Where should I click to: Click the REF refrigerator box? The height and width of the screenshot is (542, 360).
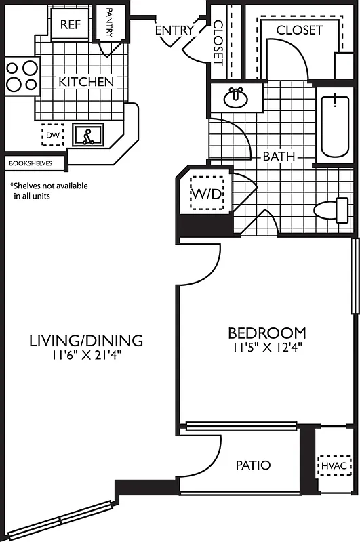(x=71, y=25)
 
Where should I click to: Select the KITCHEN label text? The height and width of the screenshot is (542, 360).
(x=86, y=81)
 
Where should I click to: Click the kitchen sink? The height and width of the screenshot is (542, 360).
(x=87, y=135)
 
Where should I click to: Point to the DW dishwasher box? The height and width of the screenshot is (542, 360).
(x=52, y=135)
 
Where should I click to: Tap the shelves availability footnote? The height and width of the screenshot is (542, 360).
(x=48, y=190)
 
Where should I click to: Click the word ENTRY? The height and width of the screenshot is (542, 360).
(x=174, y=30)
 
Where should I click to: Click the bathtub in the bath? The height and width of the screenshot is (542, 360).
(x=334, y=126)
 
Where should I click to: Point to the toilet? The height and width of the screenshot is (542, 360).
(x=332, y=209)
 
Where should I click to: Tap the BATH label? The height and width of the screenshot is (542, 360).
(x=279, y=157)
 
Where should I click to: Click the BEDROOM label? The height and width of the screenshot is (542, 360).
(x=266, y=333)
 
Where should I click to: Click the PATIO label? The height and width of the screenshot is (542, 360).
(x=253, y=465)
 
